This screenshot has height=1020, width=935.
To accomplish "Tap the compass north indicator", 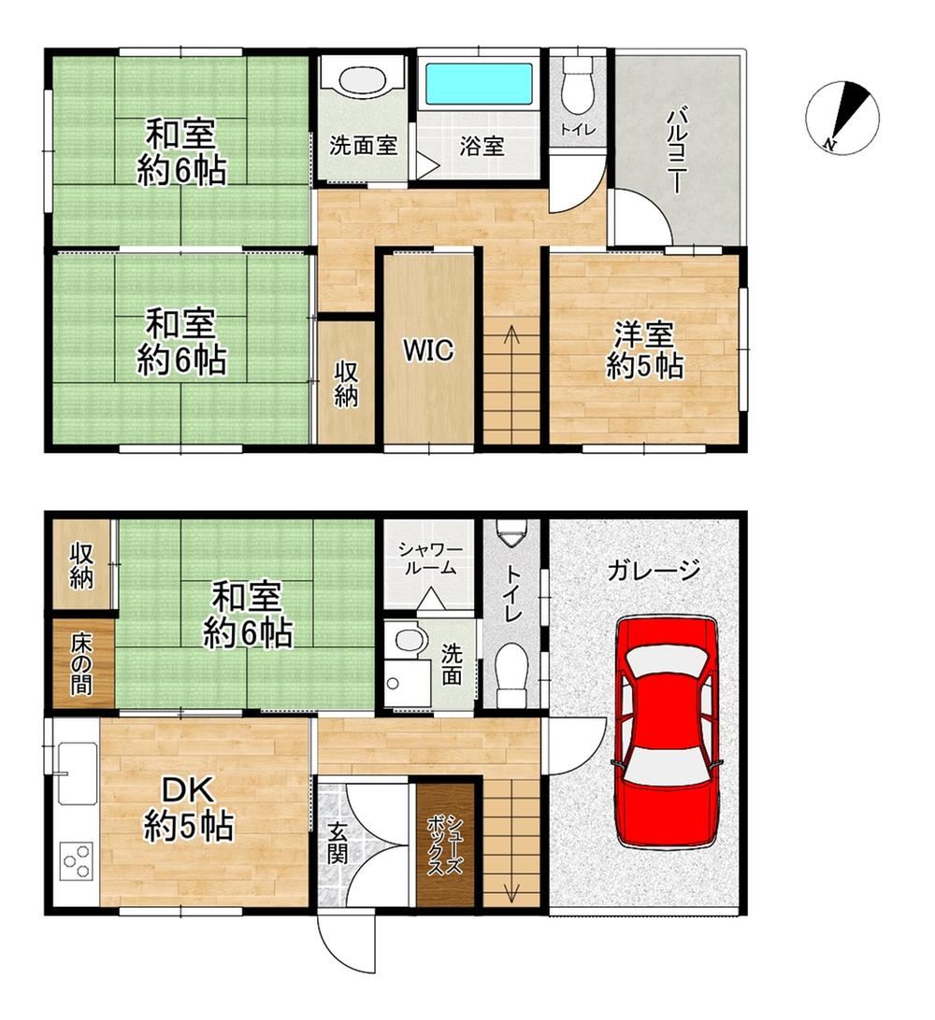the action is pyautogui.click(x=842, y=117).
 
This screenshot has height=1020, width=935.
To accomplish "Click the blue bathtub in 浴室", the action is pyautogui.click(x=479, y=84).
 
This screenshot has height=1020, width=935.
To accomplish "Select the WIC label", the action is pyautogui.click(x=428, y=350).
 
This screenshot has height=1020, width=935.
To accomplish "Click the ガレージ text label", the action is pyautogui.click(x=653, y=571).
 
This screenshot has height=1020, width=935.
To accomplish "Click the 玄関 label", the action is pyautogui.click(x=338, y=843).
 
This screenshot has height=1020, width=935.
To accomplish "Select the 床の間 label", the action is pyautogui.click(x=81, y=663).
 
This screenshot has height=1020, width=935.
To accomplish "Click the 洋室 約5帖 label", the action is pyautogui.click(x=644, y=351).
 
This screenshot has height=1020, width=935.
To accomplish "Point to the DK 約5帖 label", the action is pyautogui.click(x=188, y=809).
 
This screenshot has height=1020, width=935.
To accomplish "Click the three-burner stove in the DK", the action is pyautogui.click(x=76, y=861).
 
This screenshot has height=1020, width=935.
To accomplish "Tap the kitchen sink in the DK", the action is pyautogui.click(x=78, y=773).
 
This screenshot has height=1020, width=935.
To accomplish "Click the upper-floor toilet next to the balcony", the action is pyautogui.click(x=578, y=84).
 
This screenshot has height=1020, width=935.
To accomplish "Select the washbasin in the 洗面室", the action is pyautogui.click(x=362, y=82).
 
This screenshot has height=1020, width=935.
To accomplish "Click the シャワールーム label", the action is pyautogui.click(x=430, y=559).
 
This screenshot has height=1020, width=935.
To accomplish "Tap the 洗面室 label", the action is pyautogui.click(x=363, y=146).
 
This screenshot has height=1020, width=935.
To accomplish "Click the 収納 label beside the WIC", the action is pyautogui.click(x=346, y=385).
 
